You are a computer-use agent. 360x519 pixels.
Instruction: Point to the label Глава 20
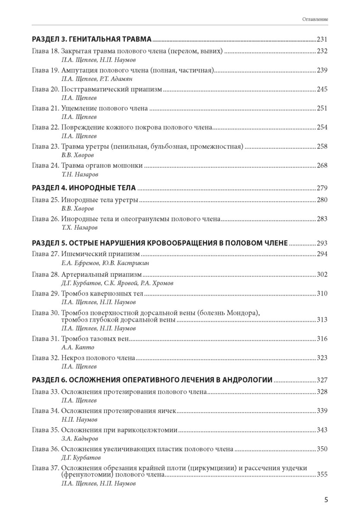pos(45,90)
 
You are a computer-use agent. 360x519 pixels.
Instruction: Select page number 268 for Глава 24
pos(322,165)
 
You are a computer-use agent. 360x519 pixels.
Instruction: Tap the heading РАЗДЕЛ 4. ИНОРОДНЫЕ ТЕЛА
pos(84,188)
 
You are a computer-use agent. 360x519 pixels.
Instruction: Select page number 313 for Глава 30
pos(322,320)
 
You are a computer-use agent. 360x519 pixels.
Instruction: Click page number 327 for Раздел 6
pos(322,381)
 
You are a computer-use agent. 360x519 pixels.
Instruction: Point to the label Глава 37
pos(45,468)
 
